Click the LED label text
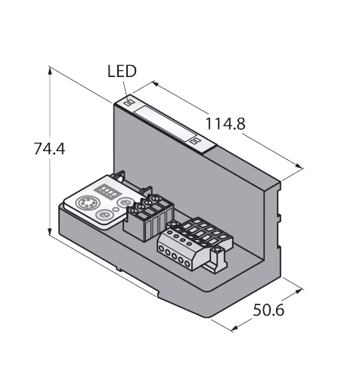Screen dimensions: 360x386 (122, 71)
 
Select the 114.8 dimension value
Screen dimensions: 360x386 (225, 124)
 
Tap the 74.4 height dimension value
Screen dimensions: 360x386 (49, 149)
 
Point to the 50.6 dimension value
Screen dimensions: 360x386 (268, 310)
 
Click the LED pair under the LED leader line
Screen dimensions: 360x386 (130, 103)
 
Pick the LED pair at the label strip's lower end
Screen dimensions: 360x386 (195, 141)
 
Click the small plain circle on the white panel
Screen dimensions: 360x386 (116, 209)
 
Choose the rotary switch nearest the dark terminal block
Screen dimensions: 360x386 (125, 202)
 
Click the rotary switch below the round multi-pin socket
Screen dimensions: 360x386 (104, 215)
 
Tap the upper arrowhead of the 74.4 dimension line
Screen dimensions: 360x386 (50, 71)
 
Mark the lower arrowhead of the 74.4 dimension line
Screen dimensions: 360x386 (50, 230)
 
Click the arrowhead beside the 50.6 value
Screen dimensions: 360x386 (235, 328)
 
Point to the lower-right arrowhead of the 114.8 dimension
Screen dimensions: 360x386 (299, 165)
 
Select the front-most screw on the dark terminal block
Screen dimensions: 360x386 (132, 211)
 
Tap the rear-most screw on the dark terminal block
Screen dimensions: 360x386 (153, 199)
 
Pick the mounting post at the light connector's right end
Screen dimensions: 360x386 (217, 259)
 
